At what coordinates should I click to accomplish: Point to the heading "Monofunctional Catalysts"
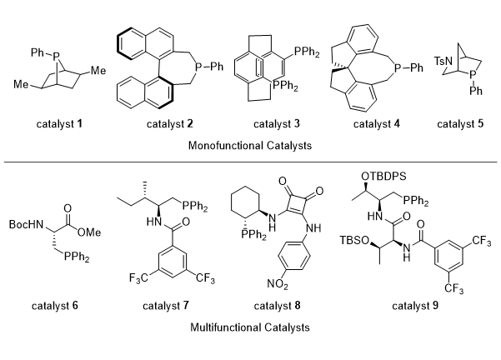250,142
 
